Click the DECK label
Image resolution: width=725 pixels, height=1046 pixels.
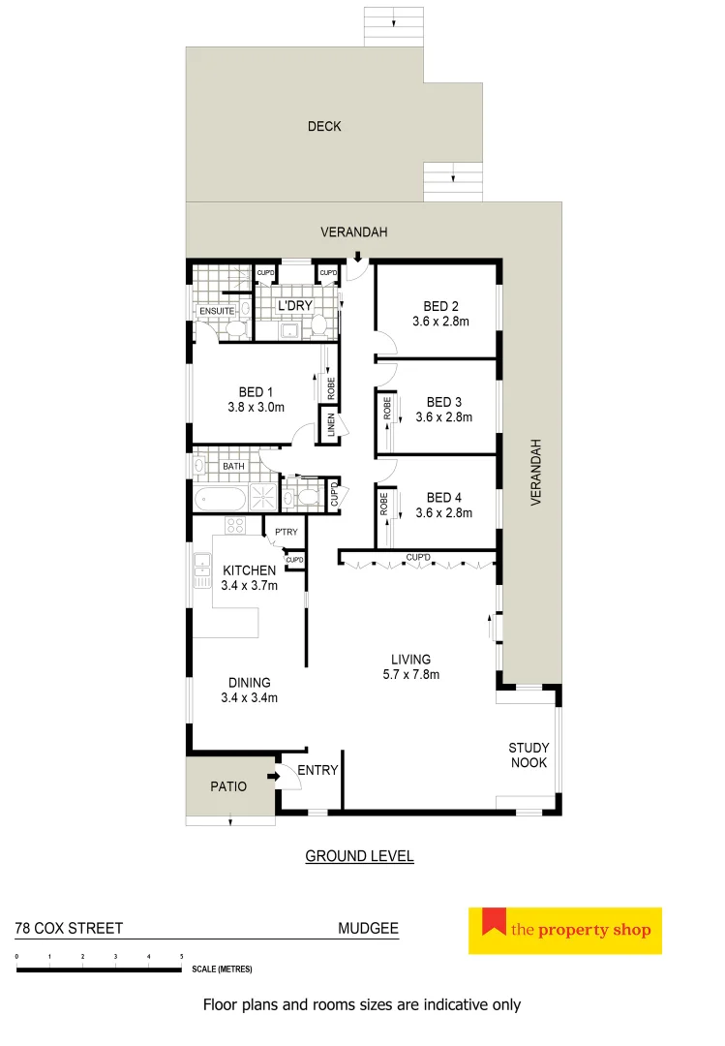pos(324,126)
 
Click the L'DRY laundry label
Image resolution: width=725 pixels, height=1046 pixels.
pos(293,306)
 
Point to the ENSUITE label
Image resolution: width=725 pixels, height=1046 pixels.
pos(218,311)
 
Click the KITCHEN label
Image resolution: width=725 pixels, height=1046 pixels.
pos(250,570)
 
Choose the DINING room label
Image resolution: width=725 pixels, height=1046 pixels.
pos(250,682)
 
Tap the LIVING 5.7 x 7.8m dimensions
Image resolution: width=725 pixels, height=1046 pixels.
pos(410,675)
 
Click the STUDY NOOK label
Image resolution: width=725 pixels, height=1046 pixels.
pos(529,754)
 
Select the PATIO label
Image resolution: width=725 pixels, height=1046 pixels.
pos(228,786)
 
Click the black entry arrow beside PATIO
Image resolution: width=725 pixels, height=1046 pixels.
pos(274,775)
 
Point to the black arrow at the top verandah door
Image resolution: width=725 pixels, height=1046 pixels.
pos(358,257)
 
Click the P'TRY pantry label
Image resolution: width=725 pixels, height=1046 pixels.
pos(286,533)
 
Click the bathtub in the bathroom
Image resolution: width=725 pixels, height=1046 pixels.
pos(220,499)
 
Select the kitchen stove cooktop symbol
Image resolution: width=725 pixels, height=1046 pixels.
pos(235,526)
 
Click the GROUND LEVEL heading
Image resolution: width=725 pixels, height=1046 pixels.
pos(359,856)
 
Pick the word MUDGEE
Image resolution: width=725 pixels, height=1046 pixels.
pos(368,928)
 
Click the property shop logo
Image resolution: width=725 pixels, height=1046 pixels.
pos(564,931)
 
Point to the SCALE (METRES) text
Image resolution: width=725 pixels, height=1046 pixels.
pos(224,969)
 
